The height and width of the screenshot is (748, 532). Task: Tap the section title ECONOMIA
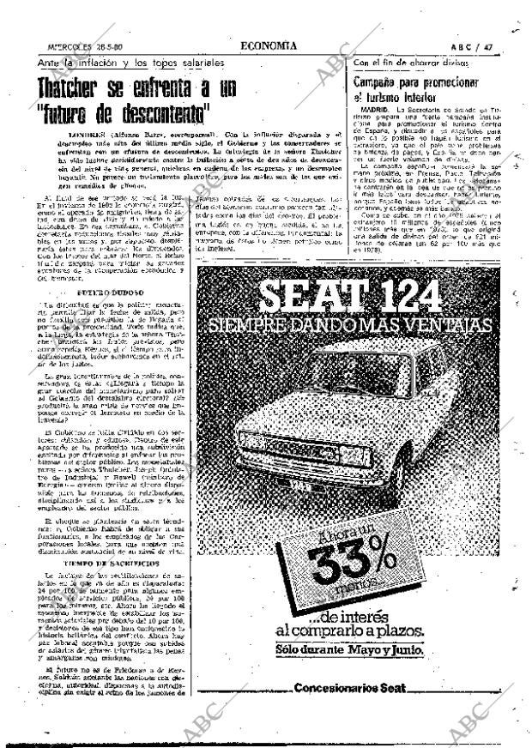coord(270,48)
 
